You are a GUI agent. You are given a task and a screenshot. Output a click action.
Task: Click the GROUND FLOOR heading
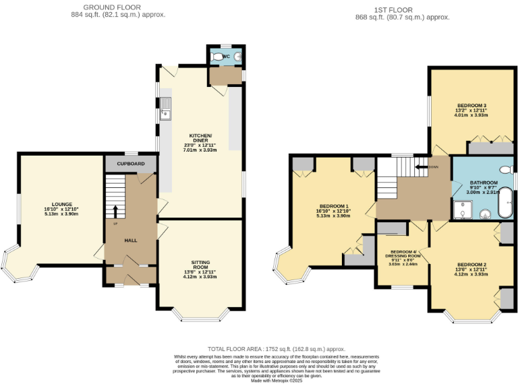[x=118, y=7]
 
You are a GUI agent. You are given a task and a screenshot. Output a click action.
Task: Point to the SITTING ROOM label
[x=200, y=263]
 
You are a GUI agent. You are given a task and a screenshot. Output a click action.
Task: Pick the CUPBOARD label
[x=131, y=164]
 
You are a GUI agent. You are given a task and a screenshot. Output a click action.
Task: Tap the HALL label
[x=131, y=240]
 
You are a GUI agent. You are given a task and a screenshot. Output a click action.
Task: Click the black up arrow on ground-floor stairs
[x=115, y=211]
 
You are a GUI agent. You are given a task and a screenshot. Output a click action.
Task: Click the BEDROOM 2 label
[x=471, y=264]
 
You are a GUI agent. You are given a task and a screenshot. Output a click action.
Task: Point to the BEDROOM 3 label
[x=471, y=106]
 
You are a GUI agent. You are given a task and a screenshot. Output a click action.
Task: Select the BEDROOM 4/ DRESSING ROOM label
[x=403, y=253]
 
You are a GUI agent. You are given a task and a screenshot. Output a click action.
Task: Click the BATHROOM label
[x=484, y=183]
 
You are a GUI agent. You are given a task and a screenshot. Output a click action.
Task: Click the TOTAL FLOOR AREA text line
[x=276, y=349]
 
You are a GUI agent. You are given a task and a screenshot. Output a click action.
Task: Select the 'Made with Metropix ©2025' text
[x=277, y=381]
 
